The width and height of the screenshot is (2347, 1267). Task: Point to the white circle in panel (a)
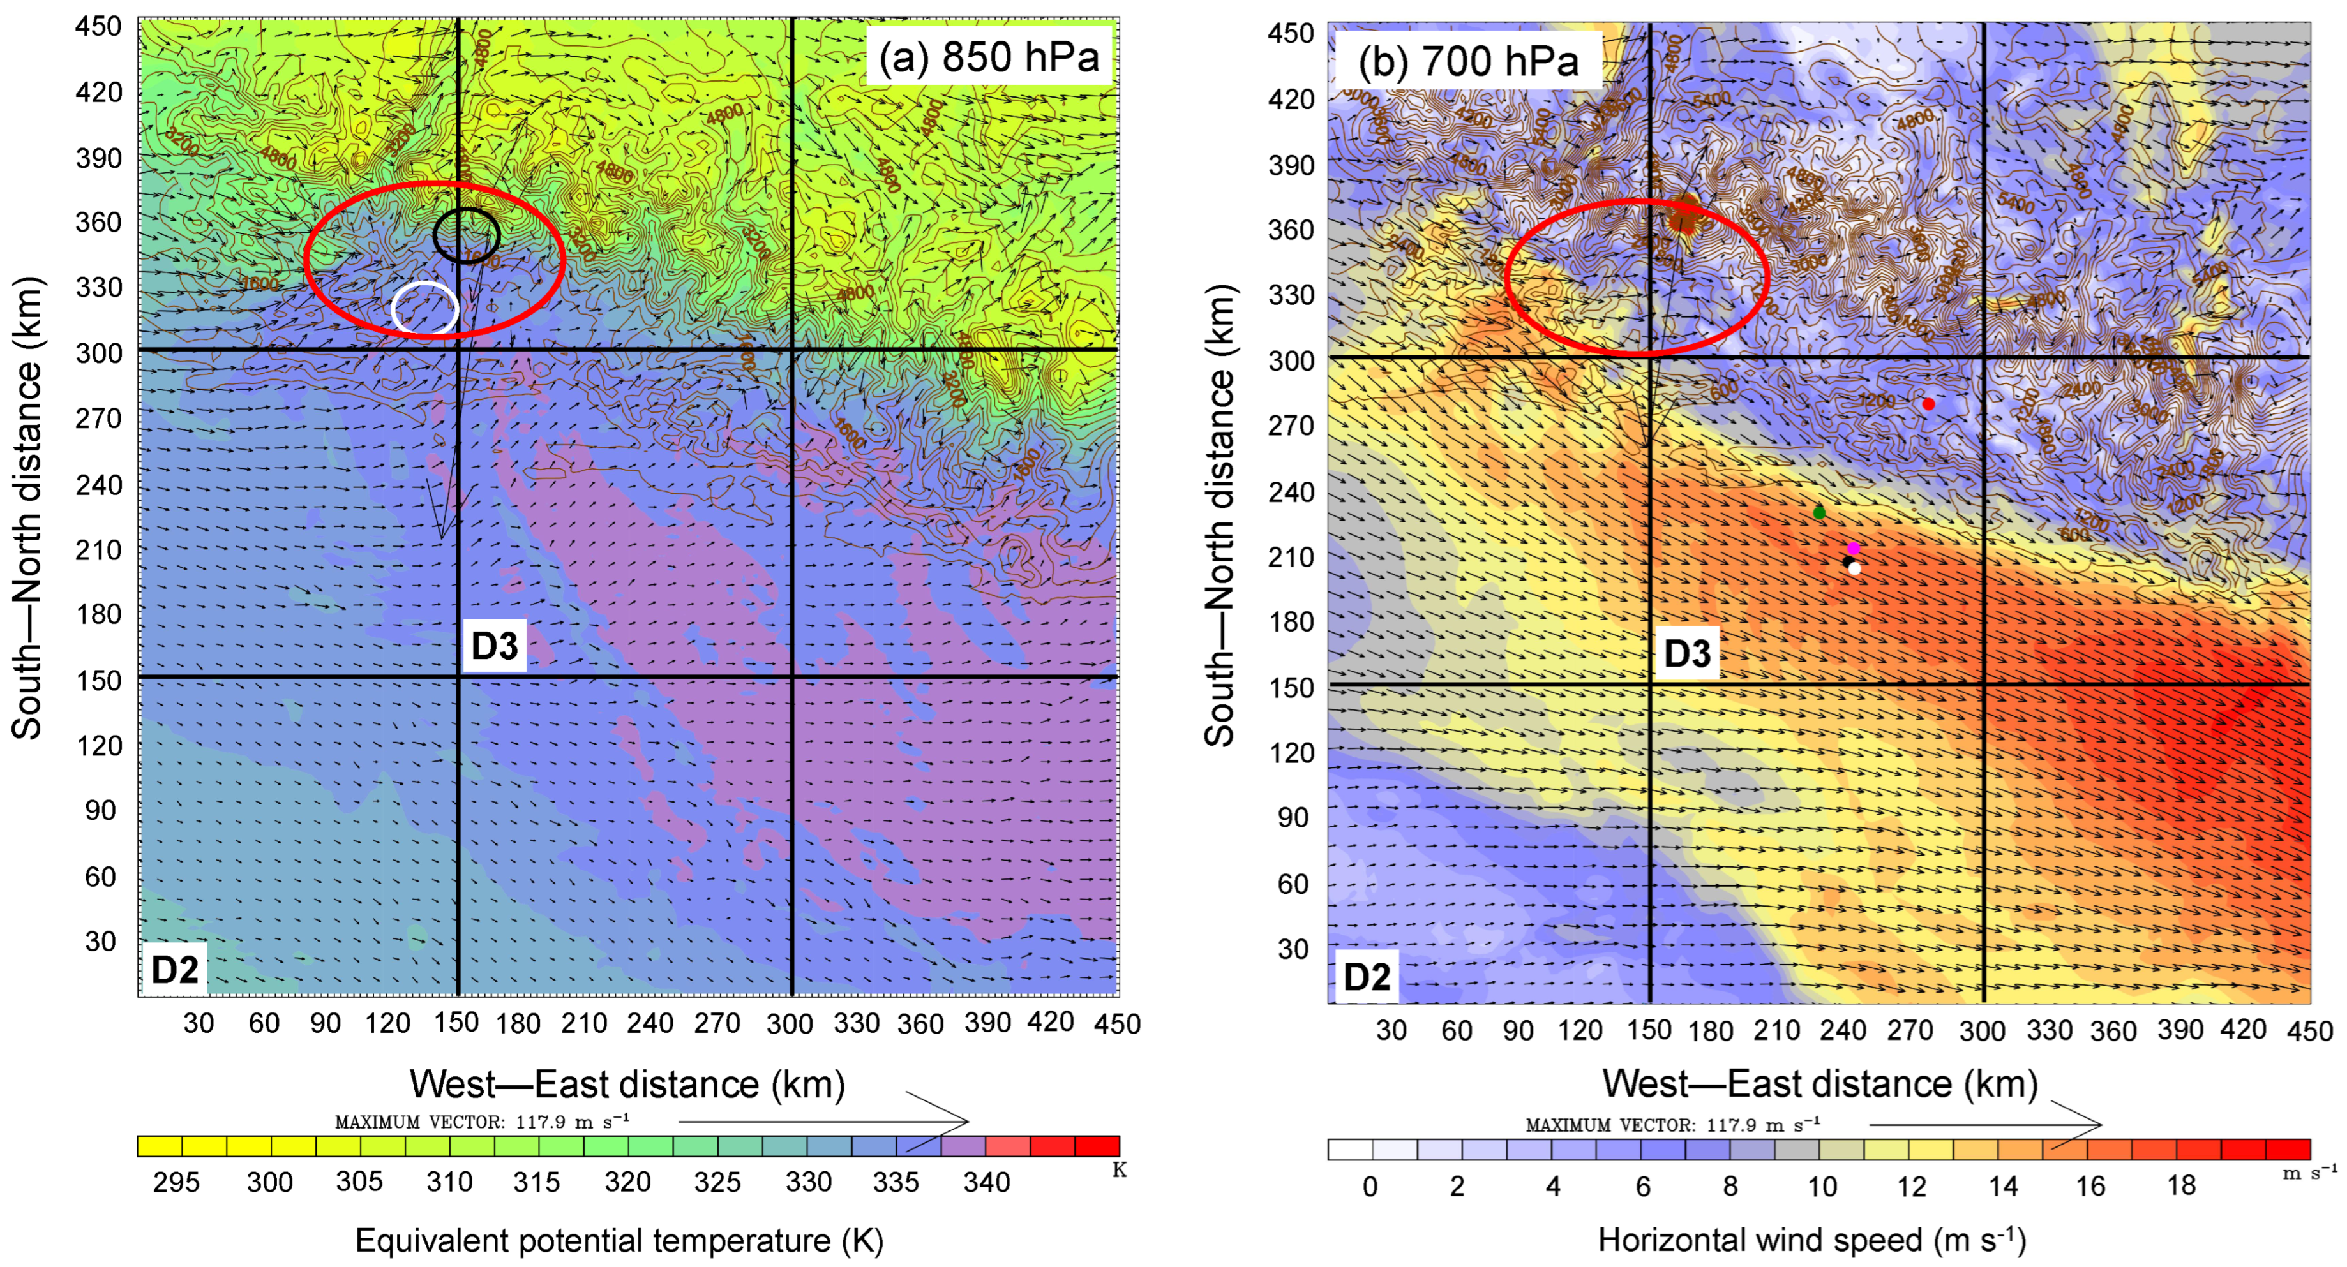424,309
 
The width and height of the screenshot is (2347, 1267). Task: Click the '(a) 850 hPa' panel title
989,57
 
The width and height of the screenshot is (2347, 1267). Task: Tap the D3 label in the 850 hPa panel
495,646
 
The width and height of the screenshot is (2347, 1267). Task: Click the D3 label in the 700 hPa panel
1688,653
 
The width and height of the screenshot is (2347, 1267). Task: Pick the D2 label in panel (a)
174,969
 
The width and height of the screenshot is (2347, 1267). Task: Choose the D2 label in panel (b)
1367,977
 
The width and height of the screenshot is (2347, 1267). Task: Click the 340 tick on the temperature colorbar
987,1182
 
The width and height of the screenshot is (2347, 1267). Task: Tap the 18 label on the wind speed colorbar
2181,1185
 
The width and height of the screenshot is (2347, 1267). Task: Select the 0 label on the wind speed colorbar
1369,1185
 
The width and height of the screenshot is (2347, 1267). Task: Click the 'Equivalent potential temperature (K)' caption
620,1241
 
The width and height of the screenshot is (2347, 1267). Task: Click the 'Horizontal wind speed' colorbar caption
1811,1241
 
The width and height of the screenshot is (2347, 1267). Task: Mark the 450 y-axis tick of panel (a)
98,26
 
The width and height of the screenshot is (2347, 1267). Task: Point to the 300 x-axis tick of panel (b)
1983,1031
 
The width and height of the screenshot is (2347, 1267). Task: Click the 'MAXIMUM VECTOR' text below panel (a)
482,1122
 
